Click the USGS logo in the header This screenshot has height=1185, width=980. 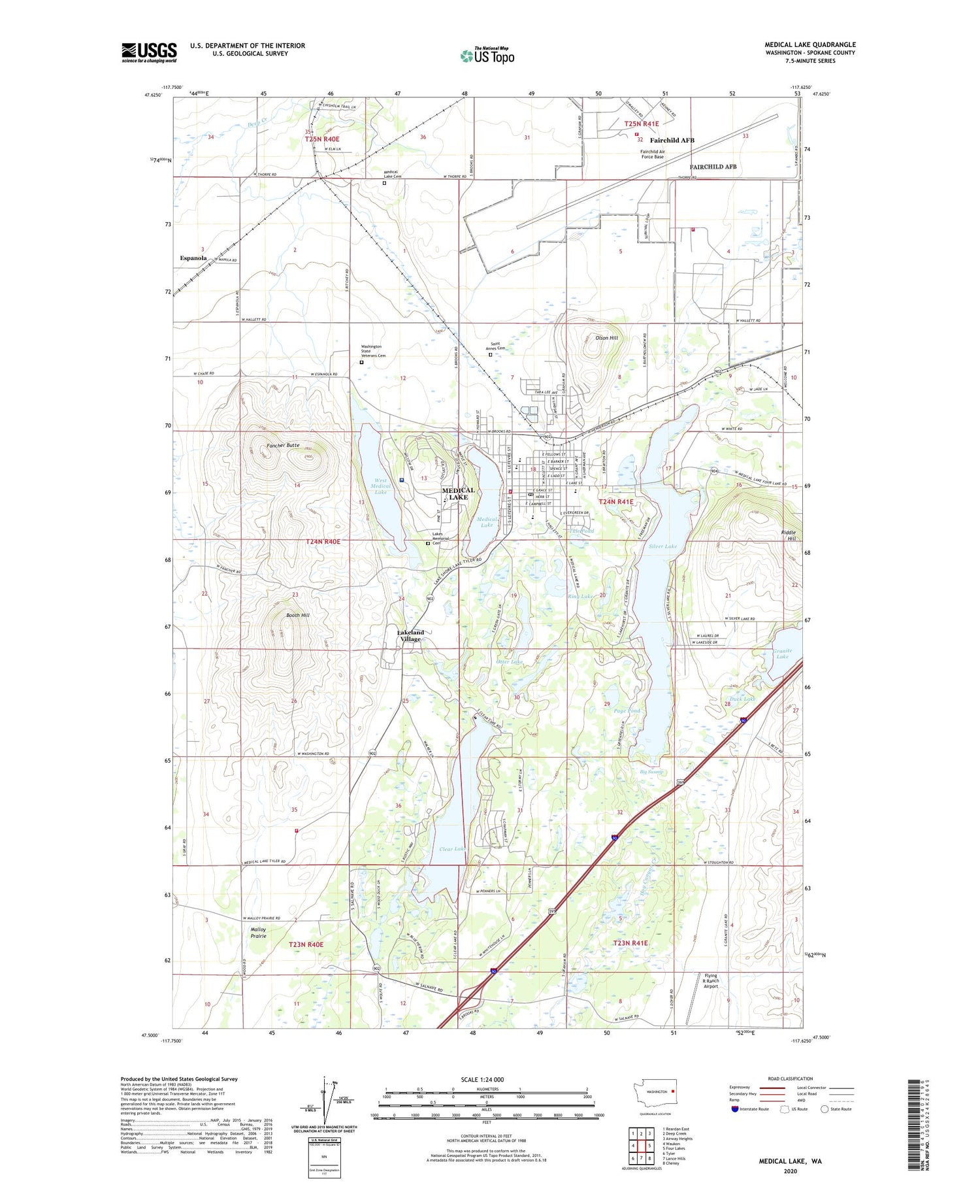coord(149,52)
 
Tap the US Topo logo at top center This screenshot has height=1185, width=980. coord(487,56)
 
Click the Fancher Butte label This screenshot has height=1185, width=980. coord(283,445)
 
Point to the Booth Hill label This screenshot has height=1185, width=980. coord(298,615)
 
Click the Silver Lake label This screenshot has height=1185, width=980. coord(662,546)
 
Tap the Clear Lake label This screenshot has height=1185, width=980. coord(452,849)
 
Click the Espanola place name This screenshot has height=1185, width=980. coord(193,258)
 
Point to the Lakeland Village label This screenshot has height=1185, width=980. coord(411,635)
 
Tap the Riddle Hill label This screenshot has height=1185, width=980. coord(789,536)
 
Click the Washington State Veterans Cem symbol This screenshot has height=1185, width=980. coord(361,362)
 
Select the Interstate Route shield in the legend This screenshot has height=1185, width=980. coord(735,1109)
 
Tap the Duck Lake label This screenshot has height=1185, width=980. coord(741,699)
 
